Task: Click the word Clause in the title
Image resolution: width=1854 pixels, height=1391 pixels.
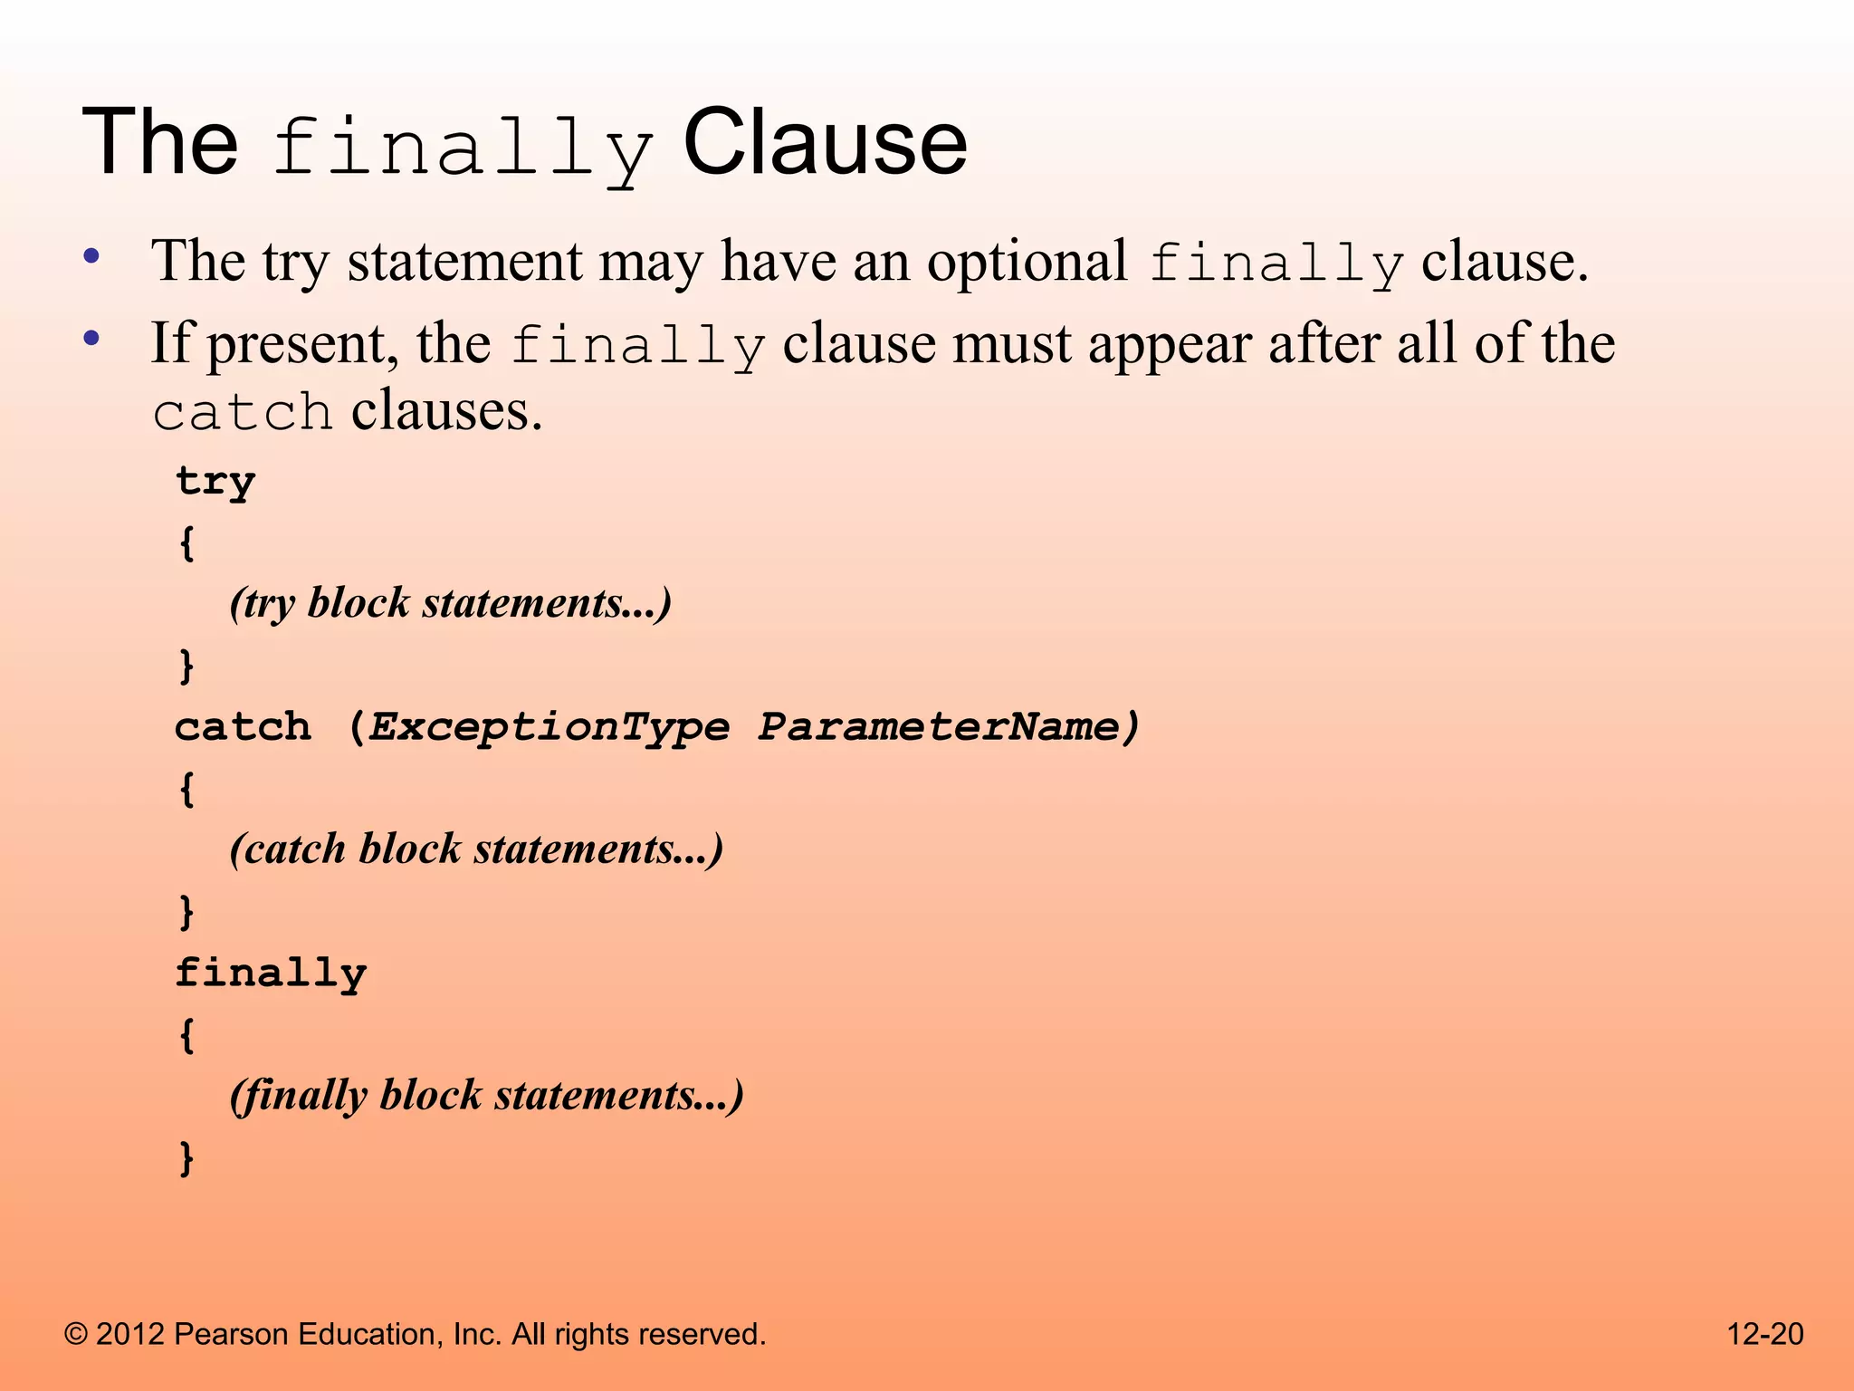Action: [x=825, y=142]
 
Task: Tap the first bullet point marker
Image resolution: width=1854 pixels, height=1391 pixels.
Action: [x=91, y=256]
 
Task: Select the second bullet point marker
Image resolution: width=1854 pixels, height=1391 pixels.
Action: [x=91, y=340]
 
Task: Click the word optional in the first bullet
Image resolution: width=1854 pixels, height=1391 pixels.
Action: [x=1027, y=262]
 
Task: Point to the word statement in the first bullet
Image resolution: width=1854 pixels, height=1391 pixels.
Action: [x=464, y=262]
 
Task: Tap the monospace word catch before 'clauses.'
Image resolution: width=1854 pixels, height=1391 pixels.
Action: [x=243, y=413]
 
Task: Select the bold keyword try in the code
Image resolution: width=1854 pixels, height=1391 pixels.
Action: [x=215, y=482]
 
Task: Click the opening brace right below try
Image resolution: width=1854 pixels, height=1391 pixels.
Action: [x=186, y=543]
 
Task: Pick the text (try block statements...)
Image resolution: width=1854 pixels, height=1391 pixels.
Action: [x=451, y=603]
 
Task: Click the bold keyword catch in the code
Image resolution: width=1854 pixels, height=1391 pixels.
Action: [x=243, y=727]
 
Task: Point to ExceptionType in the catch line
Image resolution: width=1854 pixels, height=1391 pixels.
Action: [x=550, y=727]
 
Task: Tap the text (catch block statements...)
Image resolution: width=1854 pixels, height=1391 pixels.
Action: [x=476, y=849]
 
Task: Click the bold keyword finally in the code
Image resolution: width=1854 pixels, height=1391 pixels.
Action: [x=271, y=974]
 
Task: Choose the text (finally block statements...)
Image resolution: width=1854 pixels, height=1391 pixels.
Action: [x=486, y=1095]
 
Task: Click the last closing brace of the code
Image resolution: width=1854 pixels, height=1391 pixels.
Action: [x=186, y=1157]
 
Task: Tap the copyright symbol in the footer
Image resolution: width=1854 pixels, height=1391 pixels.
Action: [x=76, y=1334]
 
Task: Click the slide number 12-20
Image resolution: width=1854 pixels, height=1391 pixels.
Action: [x=1764, y=1334]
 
